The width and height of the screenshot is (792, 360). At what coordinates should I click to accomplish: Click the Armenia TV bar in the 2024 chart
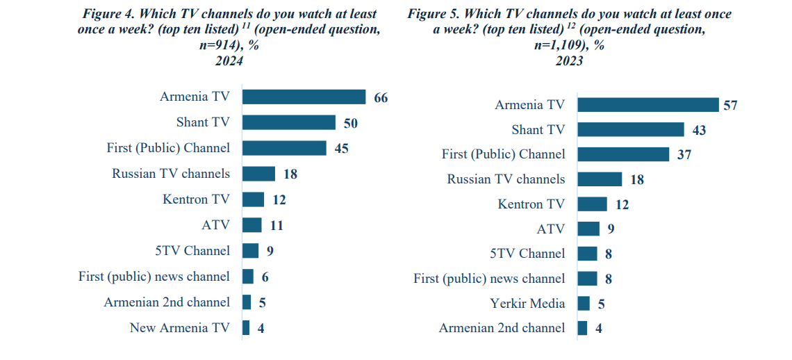[304, 97]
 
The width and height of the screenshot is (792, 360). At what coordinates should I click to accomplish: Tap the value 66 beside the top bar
[381, 98]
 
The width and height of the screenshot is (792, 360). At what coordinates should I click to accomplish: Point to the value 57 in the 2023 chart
[729, 106]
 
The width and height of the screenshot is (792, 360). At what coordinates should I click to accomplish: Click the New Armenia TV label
[179, 328]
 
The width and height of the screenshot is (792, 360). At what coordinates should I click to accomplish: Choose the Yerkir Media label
[528, 304]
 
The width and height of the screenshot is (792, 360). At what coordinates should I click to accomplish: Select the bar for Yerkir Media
[584, 304]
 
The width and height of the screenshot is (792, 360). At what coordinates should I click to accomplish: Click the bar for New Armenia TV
[246, 328]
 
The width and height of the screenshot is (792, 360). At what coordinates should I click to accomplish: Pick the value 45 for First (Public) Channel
[341, 149]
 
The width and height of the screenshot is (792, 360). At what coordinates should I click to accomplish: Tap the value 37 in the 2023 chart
[684, 155]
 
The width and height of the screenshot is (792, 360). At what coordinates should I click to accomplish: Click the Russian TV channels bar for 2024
[258, 174]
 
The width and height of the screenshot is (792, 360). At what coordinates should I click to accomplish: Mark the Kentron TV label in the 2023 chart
[531, 204]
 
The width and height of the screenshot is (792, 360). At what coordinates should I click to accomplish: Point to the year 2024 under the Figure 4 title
[229, 62]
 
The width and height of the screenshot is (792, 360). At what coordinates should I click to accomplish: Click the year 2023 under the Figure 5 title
[569, 62]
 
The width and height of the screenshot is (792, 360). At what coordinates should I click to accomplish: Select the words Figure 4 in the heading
[109, 14]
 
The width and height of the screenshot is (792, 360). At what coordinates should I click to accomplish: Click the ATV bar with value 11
[251, 225]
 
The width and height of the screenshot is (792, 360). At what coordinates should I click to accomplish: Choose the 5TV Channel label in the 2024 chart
[192, 251]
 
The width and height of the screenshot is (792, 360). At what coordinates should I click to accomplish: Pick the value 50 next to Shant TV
[351, 123]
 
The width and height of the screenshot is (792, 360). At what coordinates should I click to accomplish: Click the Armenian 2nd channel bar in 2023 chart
[582, 328]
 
